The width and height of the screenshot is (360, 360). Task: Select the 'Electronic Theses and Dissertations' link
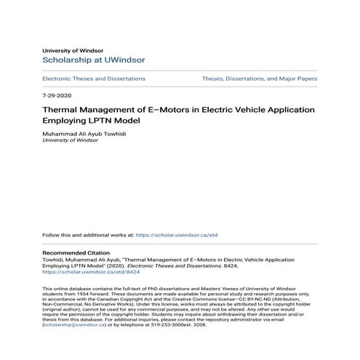(94, 79)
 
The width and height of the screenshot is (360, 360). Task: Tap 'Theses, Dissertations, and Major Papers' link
(260, 79)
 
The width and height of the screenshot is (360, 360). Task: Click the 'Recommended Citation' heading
(76, 252)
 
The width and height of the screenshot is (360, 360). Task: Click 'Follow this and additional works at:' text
(88, 236)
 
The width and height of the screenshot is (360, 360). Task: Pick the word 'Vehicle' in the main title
(252, 110)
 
